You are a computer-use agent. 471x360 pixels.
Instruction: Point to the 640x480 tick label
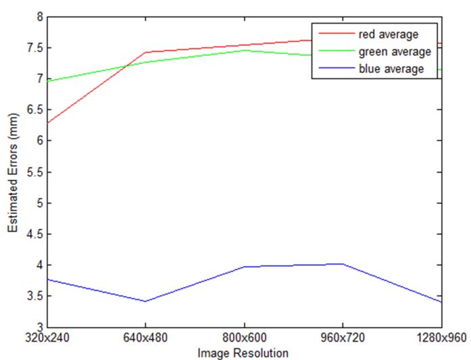pos(145,338)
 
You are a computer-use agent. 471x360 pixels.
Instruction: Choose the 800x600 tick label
pos(244,338)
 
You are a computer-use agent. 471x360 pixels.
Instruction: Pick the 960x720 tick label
pos(342,338)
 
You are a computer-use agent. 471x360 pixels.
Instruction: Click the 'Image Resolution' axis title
pos(243,353)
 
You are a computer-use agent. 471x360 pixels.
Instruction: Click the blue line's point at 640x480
pos(145,301)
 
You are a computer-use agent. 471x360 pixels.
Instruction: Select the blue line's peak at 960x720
pos(342,263)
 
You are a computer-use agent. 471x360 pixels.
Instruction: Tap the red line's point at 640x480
pos(145,52)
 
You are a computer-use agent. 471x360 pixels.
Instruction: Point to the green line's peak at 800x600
pos(244,50)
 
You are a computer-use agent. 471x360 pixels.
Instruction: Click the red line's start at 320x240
pos(47,123)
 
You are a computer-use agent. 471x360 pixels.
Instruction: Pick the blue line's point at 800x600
pos(244,267)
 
